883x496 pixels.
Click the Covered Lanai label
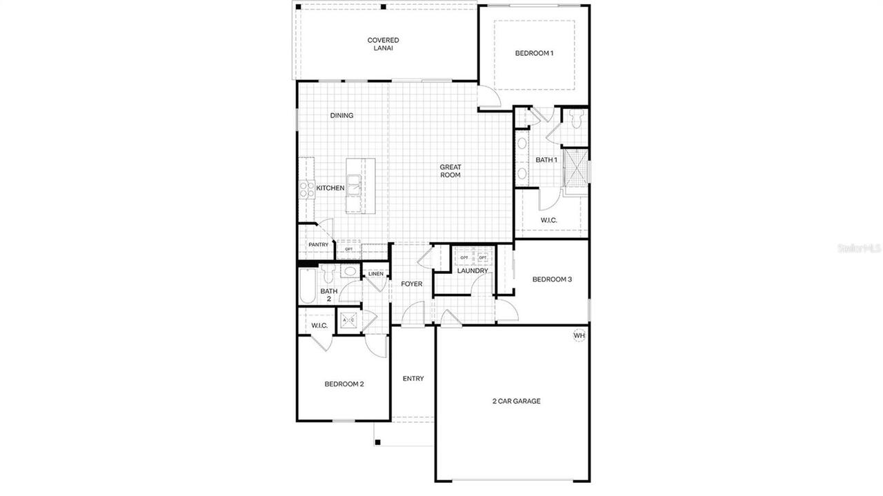[383, 44]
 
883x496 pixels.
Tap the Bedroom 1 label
[534, 53]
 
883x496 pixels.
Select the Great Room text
[451, 171]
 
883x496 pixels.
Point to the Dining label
[341, 115]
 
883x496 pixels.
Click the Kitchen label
[330, 188]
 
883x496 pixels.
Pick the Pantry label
[318, 245]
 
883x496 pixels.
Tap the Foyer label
[412, 284]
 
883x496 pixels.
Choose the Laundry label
[473, 270]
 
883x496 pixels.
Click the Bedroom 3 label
[552, 279]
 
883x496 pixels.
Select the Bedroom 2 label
[344, 384]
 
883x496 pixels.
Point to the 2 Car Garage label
[516, 401]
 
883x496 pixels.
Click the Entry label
[413, 379]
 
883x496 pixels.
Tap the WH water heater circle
[579, 336]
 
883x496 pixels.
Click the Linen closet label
[375, 274]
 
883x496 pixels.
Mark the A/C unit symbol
[348, 320]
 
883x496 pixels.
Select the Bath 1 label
[546, 160]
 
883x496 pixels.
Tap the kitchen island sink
[354, 183]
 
